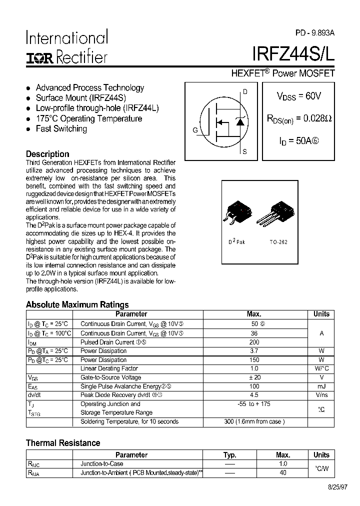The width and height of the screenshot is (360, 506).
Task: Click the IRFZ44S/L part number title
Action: coord(293,54)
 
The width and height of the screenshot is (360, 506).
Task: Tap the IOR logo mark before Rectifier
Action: coord(39,57)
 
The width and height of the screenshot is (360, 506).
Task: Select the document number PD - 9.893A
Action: coord(314,32)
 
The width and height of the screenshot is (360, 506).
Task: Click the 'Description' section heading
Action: coord(47,154)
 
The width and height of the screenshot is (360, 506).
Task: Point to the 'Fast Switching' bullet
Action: coord(61,129)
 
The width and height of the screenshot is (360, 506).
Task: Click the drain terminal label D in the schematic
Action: coord(244,92)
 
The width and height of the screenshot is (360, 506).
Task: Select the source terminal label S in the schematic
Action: coord(244,151)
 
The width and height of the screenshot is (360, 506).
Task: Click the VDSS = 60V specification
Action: coord(298,96)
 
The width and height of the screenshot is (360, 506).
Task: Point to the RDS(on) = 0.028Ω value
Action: coord(298,119)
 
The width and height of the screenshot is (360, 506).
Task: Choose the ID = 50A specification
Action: coord(298,141)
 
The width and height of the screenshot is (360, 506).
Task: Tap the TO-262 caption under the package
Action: coord(278,241)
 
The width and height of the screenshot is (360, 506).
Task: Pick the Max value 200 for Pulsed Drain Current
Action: coord(254,342)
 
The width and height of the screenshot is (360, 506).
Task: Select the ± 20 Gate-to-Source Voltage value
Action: coord(254,377)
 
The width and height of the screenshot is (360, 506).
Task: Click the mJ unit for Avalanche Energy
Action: coord(321,386)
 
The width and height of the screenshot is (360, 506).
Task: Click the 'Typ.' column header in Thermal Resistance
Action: coord(229,455)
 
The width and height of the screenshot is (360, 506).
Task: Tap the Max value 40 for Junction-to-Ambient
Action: coord(283,472)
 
